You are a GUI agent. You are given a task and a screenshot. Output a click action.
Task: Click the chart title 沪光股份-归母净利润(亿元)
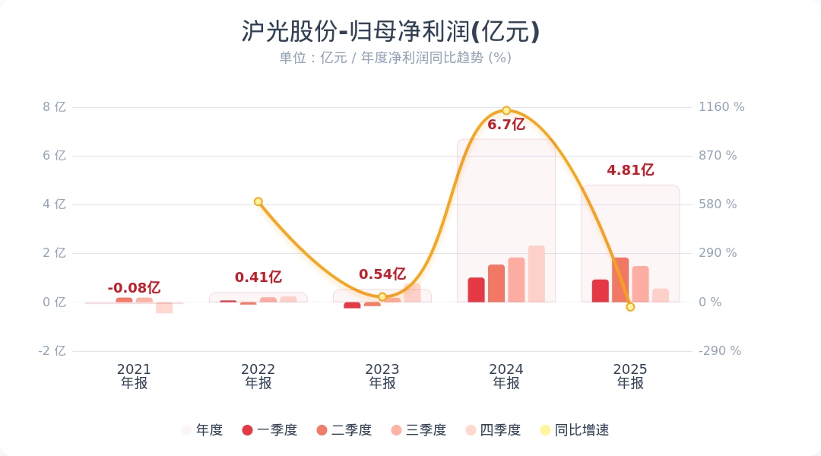[391, 32]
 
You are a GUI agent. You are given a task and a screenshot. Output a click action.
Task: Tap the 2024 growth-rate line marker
[506, 111]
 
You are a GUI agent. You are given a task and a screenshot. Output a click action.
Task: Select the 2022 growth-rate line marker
[258, 201]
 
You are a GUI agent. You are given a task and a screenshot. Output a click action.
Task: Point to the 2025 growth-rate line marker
[630, 307]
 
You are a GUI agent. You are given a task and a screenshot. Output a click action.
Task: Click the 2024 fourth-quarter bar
[537, 274]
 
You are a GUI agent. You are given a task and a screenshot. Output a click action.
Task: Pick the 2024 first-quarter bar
[476, 290]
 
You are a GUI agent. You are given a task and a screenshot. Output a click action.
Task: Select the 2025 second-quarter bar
[620, 280]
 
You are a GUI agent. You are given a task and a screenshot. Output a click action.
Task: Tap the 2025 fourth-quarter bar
[661, 295]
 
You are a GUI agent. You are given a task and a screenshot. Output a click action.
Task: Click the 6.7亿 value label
[506, 125]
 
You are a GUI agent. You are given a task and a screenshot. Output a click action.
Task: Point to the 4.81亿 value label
[630, 170]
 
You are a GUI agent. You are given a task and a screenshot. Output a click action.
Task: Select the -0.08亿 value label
[134, 288]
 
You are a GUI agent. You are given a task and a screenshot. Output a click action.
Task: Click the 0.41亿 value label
[258, 277]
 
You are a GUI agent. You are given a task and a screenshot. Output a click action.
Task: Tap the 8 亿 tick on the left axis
[55, 107]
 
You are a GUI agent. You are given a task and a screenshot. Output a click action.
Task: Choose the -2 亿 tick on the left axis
[53, 351]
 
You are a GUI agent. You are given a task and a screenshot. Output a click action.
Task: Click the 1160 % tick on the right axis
[721, 107]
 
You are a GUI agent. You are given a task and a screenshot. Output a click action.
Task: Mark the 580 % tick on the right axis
[718, 204]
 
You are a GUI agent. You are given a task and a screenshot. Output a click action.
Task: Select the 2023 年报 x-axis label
[382, 376]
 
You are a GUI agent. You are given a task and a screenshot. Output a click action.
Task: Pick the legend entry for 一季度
[269, 430]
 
